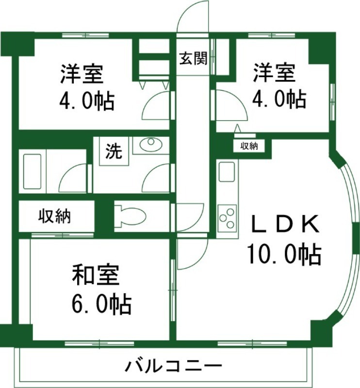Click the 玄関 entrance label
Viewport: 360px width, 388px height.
coord(194,59)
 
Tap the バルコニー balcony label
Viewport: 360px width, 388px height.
coord(173,365)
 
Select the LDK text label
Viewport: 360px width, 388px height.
coord(284,225)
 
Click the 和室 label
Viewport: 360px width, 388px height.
coord(95,276)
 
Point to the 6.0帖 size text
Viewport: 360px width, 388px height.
coord(101,304)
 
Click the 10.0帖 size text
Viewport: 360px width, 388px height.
coord(284,254)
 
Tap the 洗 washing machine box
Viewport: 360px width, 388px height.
coord(114,152)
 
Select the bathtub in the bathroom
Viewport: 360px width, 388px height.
coord(33,172)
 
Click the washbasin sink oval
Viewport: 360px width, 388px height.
coord(150,143)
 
